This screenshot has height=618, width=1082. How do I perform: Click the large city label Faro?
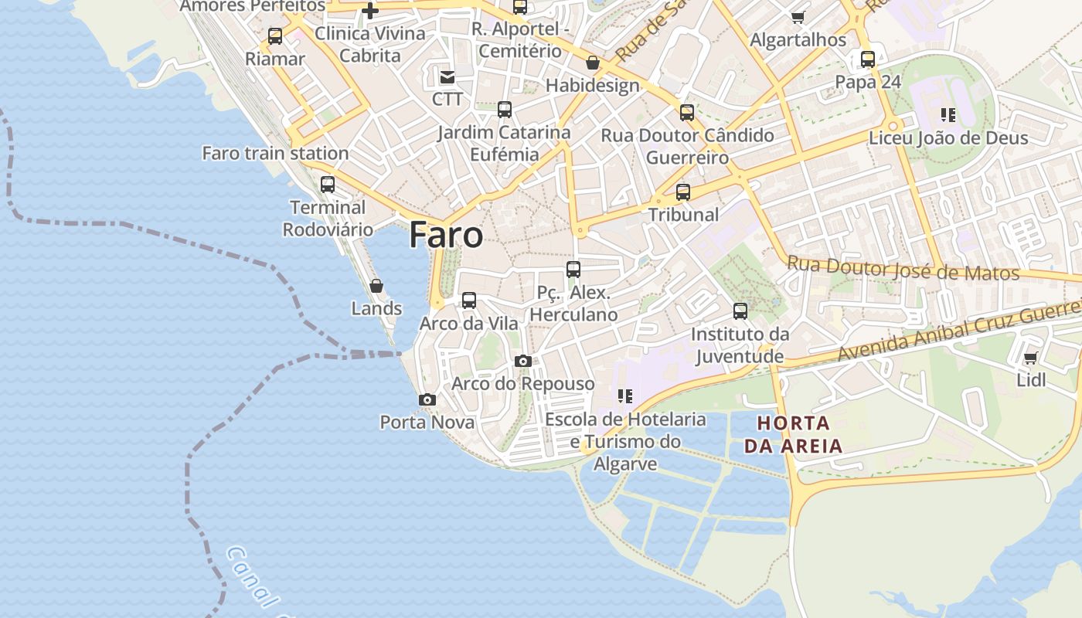(446, 235)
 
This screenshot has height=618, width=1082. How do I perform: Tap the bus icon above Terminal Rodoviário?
(328, 185)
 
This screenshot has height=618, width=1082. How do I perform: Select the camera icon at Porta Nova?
(427, 399)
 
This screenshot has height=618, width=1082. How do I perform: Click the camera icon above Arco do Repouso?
(523, 361)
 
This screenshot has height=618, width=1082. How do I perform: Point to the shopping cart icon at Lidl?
(1030, 358)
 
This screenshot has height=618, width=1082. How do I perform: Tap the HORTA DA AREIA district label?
(793, 435)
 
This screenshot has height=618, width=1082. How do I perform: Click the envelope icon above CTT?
(447, 76)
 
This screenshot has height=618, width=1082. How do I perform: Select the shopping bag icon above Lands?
(376, 286)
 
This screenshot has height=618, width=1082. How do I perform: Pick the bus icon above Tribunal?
(683, 192)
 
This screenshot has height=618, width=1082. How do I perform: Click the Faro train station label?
(275, 153)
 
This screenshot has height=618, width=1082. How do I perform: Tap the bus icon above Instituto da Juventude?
(740, 311)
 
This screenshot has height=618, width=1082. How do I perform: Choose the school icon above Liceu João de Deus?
(948, 115)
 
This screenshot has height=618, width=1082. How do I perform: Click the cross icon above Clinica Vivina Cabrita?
(370, 11)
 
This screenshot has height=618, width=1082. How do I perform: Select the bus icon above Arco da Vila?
(469, 301)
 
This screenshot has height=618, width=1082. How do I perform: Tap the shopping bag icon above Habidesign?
(593, 63)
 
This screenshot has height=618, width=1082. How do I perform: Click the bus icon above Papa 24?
(868, 59)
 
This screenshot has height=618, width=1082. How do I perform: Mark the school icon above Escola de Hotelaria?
(625, 396)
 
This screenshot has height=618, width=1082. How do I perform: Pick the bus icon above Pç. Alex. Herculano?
(573, 270)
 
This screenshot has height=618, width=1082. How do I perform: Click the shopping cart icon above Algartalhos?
(798, 17)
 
